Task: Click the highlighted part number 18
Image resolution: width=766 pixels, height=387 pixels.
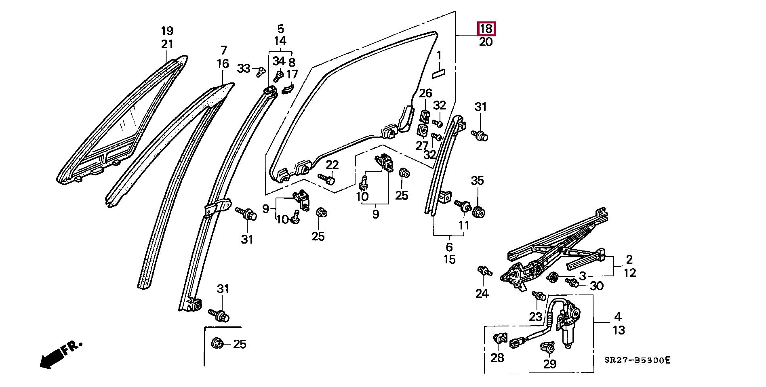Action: pos(486,29)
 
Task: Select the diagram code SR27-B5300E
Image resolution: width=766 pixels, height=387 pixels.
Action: pos(637,360)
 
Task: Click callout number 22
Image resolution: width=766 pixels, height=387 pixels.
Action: pos(332,165)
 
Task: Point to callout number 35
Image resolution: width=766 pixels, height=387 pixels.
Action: pos(478,181)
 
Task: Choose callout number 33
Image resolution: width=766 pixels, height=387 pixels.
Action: pos(244,68)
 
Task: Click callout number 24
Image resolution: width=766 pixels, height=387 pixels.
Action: pos(482,293)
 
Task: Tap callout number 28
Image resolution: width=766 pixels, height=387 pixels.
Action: pos(497,358)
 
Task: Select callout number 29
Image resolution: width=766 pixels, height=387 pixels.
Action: pos(550,364)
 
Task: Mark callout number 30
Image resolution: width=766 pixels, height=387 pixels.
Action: pos(597,286)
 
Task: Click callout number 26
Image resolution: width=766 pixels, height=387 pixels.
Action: pos(425,94)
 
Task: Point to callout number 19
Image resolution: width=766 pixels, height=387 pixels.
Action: pos(167,31)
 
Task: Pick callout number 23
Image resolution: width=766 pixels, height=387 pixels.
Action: pos(536,316)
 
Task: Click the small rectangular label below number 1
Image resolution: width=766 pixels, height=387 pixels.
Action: pos(438,73)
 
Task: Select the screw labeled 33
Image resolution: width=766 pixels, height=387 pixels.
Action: pos(261,73)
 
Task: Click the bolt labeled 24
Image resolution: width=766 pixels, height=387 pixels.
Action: pos(483,271)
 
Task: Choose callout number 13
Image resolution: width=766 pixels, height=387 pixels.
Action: pos(619,330)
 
